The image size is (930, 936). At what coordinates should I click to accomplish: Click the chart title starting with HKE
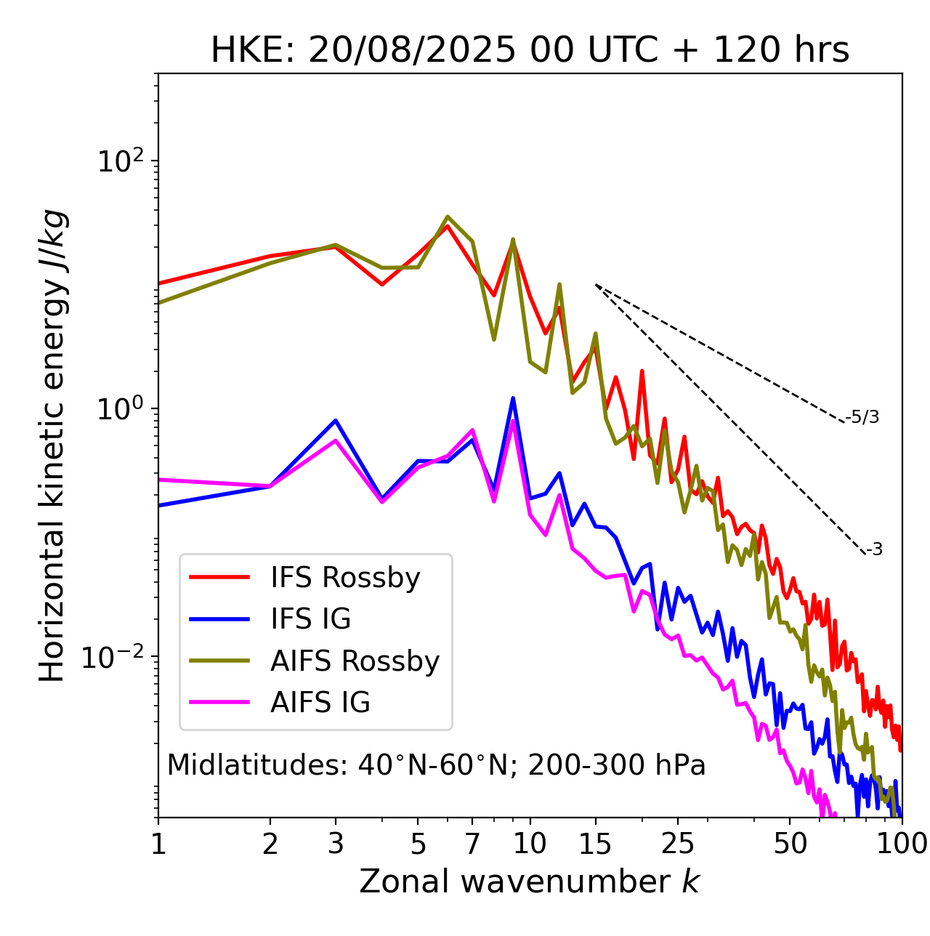pos(530,50)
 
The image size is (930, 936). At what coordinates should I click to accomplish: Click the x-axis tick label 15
pos(595,844)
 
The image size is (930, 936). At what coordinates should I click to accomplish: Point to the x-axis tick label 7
pos(472,844)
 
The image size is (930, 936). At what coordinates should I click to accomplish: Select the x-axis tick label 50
pos(790,844)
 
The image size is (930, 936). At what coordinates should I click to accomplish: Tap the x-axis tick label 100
pos(901,844)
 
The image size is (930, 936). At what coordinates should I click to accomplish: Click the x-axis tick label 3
pos(336,844)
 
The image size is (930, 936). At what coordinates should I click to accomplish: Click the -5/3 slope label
pos(862,417)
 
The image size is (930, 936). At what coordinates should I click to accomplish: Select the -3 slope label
pos(874,550)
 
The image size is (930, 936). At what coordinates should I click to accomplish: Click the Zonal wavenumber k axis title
pos(530,881)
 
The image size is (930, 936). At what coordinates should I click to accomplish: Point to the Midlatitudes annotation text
pos(436,765)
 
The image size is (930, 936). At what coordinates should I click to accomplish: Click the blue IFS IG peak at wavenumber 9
pos(513,398)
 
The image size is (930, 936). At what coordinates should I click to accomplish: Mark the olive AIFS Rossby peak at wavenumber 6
pos(448,217)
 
